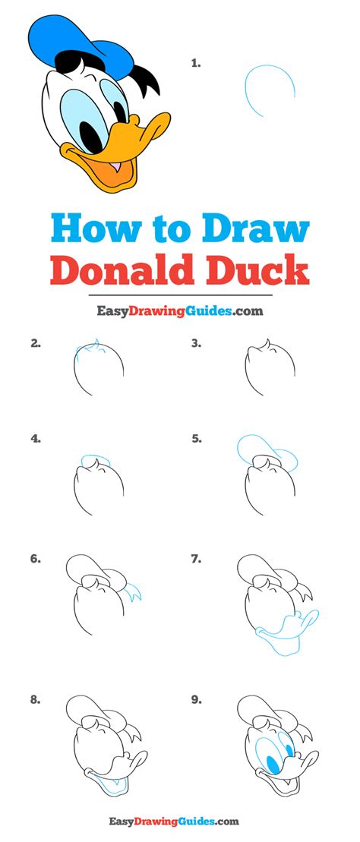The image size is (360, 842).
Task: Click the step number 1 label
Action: pyautogui.click(x=196, y=65)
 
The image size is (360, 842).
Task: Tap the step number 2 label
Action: pyautogui.click(x=36, y=343)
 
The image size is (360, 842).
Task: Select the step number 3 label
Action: pyautogui.click(x=196, y=343)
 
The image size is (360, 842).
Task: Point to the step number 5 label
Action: pyautogui.click(x=196, y=438)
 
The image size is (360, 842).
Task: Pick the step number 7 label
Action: pyautogui.click(x=196, y=560)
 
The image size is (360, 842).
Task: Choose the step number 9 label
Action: pyautogui.click(x=196, y=699)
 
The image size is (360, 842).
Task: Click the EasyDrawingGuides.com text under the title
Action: pyautogui.click(x=179, y=311)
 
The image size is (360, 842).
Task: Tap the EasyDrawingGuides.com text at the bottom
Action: pyautogui.click(x=179, y=821)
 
